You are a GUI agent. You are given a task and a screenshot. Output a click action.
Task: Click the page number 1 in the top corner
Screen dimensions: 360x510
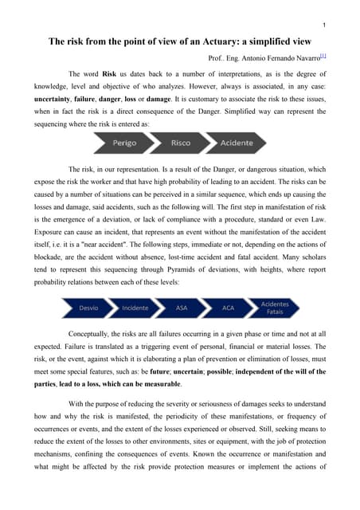(x=335, y=24)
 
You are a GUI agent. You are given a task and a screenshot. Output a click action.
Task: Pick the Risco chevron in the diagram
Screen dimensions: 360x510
(x=180, y=143)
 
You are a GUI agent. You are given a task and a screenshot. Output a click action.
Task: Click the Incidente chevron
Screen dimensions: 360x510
(x=135, y=307)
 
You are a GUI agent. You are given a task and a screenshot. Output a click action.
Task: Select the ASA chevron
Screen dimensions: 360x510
(x=182, y=307)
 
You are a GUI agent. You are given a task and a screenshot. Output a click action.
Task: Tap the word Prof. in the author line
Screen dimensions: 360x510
(x=217, y=58)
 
